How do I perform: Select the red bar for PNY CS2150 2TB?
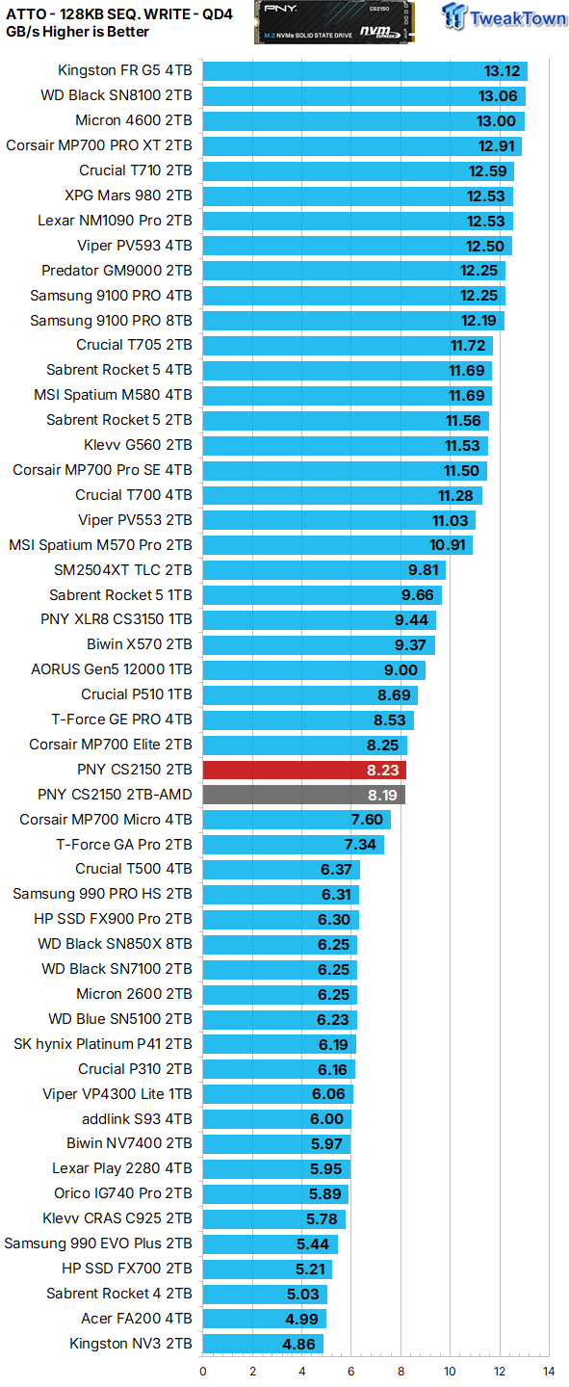(x=304, y=770)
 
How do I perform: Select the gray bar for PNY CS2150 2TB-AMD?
(x=303, y=795)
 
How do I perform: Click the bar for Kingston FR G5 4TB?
(x=365, y=71)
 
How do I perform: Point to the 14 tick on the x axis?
(x=548, y=1371)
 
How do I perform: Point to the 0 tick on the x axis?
(x=203, y=1371)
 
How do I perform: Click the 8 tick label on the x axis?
(x=401, y=1371)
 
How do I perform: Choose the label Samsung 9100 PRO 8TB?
(x=111, y=320)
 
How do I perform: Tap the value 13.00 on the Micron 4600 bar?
(x=497, y=121)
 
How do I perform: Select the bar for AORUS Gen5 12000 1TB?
(x=314, y=669)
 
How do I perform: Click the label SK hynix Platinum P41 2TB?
(x=103, y=1044)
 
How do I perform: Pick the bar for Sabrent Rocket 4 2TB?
(x=265, y=1294)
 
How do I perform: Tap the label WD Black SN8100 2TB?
(x=116, y=95)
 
